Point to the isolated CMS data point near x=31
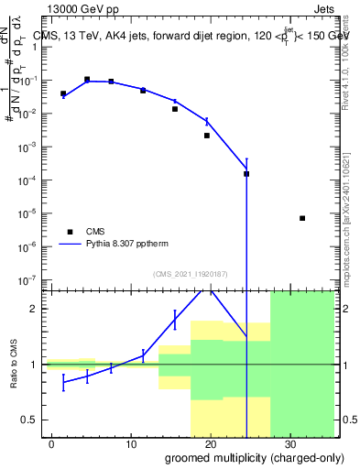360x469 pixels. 302,218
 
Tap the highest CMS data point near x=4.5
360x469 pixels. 87,80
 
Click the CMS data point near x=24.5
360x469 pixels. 246,173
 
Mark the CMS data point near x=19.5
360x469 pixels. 207,136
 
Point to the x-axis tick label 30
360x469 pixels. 289,443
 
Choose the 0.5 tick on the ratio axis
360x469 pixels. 27,420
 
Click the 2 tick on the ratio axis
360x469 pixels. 32,309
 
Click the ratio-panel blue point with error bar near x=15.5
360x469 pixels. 175,319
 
